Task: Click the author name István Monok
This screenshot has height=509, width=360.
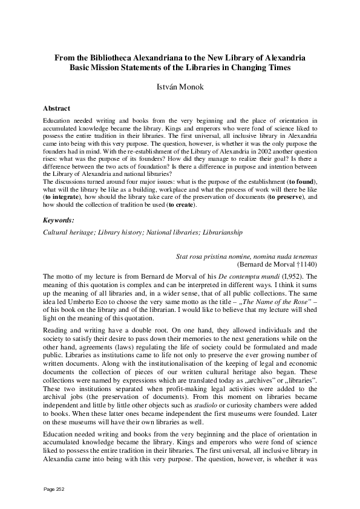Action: coord(180,87)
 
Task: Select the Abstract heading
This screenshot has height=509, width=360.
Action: coord(56,109)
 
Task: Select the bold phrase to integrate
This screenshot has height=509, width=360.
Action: coord(62,197)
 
